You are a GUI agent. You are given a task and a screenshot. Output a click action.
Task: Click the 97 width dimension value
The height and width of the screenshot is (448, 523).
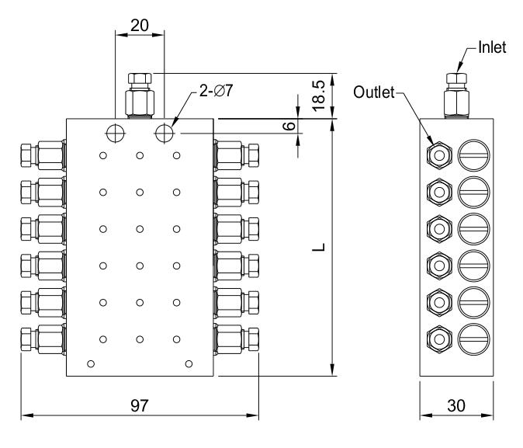click(x=140, y=405)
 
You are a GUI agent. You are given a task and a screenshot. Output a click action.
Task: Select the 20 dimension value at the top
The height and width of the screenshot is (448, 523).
click(x=140, y=25)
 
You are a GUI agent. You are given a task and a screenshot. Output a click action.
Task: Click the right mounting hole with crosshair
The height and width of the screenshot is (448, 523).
click(x=165, y=133)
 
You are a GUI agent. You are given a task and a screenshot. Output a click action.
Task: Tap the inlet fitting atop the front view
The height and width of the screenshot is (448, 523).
click(x=140, y=94)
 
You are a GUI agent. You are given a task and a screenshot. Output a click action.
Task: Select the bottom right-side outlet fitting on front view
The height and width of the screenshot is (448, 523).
click(x=237, y=339)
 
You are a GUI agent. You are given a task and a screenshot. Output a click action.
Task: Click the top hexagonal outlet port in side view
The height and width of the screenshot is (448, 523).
click(x=439, y=155)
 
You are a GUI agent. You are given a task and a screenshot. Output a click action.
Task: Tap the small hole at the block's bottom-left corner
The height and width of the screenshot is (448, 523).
click(x=92, y=363)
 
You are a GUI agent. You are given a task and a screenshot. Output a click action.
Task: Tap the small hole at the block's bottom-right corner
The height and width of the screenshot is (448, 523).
click(x=189, y=363)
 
